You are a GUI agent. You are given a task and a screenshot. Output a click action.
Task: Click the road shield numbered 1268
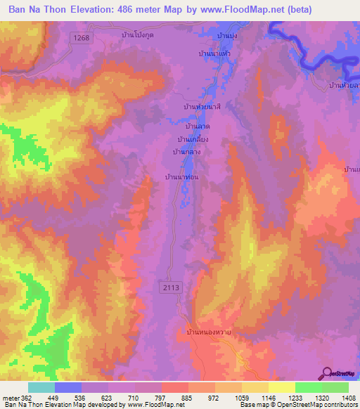(x=80, y=39)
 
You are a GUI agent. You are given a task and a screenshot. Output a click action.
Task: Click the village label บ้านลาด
(x=198, y=127)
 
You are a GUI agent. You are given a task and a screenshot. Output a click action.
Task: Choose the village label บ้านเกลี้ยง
(x=193, y=139)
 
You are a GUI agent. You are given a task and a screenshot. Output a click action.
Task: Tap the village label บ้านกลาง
(x=187, y=151)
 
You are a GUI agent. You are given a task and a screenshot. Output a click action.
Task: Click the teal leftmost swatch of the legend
(x=41, y=387)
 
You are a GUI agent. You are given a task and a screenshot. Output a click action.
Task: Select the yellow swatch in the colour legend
(x=281, y=387)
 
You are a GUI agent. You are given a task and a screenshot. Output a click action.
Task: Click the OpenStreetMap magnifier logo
(x=328, y=372)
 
